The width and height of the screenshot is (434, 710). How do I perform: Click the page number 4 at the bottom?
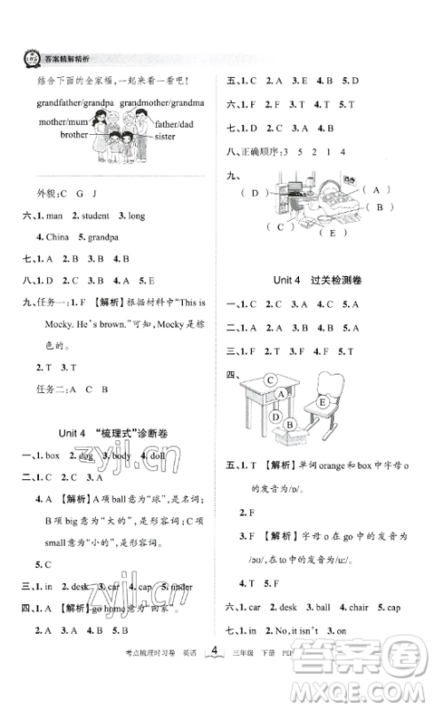point(216,677)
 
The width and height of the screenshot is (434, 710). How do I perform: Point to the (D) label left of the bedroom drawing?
point(259,193)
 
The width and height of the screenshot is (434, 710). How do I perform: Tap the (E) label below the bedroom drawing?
point(335,233)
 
